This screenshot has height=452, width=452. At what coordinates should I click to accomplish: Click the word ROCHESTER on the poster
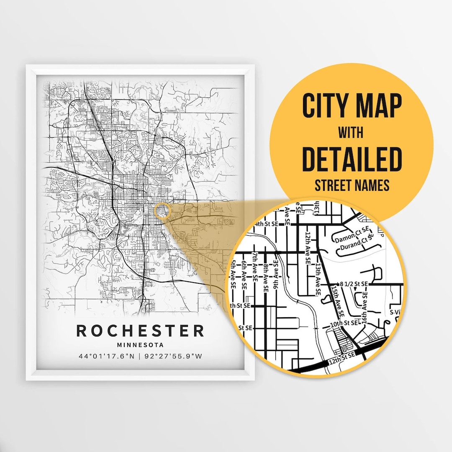140,331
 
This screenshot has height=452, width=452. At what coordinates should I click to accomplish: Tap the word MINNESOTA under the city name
140,345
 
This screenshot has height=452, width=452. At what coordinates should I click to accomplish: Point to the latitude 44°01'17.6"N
107,357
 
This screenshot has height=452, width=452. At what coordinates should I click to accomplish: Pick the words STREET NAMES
352,185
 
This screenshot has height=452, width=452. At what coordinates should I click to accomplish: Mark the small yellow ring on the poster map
162,211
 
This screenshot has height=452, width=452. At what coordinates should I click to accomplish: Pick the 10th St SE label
344,323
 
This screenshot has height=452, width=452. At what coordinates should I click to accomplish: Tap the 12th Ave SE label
308,249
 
